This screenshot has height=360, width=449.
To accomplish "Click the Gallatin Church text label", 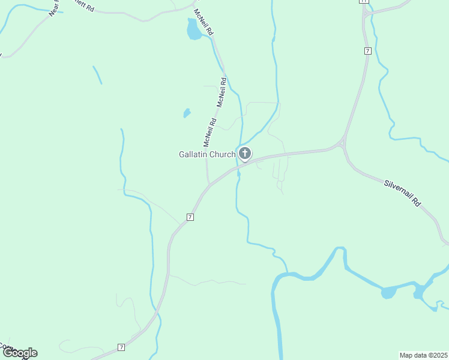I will point(207,154).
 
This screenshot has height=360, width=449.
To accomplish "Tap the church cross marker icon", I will point(244,154).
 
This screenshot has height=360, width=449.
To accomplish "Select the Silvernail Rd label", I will point(403,191).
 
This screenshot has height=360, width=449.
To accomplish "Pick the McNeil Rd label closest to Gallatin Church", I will point(209,133).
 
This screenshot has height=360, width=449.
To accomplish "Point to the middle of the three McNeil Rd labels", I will point(221,92).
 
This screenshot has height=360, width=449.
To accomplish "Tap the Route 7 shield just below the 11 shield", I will point(367,51).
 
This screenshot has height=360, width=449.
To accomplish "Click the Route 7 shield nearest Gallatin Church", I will point(190,217).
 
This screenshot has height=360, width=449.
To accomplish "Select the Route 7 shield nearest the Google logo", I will point(121,347).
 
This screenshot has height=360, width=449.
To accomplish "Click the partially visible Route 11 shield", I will point(363,1).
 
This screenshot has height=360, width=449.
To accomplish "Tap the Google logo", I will point(19,353).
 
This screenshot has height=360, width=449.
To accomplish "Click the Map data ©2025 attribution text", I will point(423,355).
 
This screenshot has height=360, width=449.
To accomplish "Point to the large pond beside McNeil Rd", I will point(194,29).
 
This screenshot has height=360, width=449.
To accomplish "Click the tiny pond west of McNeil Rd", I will point(187,113).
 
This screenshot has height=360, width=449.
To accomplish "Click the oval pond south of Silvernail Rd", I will point(389,293).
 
